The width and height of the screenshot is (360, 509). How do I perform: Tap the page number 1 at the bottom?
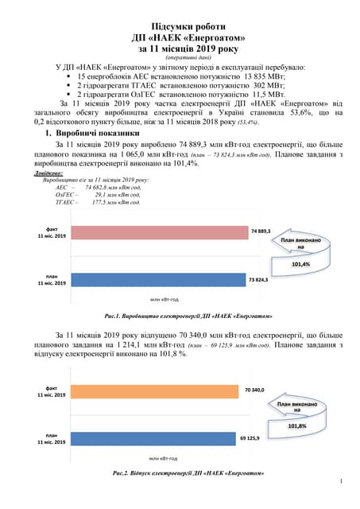pyautogui.click(x=340, y=482)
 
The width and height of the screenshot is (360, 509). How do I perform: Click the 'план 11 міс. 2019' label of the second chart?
pyautogui.click(x=52, y=439)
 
